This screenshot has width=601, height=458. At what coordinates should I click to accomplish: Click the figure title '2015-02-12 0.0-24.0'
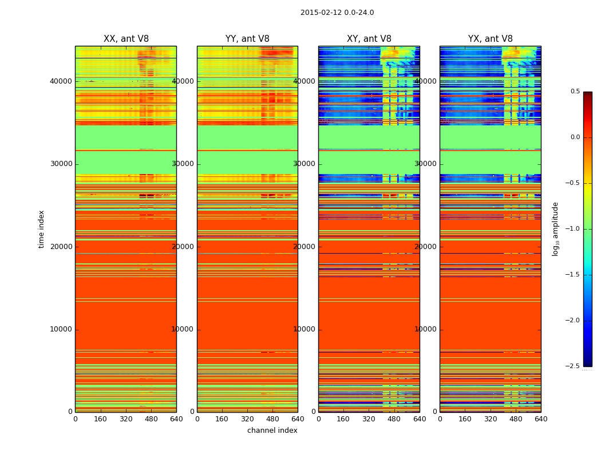(x=337, y=13)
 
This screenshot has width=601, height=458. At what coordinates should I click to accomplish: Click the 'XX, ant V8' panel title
(x=126, y=39)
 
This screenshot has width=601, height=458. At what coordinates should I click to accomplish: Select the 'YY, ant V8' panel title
(x=247, y=39)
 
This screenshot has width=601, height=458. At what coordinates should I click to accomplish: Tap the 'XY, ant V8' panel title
(x=369, y=39)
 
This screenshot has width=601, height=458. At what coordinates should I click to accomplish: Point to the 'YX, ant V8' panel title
(x=491, y=39)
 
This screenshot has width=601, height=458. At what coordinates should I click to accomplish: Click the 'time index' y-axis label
(x=41, y=229)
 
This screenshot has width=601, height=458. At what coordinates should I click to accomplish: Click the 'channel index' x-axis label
(x=272, y=431)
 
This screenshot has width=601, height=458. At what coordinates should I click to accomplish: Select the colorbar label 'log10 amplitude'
(x=555, y=229)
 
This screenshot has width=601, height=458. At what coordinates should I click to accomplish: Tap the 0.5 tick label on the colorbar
(x=575, y=92)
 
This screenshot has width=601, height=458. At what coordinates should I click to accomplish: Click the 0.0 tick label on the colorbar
(x=575, y=137)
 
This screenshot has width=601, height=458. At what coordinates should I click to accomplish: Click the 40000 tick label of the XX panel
(x=62, y=81)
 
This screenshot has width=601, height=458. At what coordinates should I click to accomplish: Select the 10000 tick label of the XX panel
(x=62, y=329)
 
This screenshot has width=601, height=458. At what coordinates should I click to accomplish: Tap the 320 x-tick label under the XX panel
(x=126, y=419)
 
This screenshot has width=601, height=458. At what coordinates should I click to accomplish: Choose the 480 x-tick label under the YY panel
(x=272, y=419)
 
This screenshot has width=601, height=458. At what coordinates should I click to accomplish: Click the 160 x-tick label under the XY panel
(x=343, y=419)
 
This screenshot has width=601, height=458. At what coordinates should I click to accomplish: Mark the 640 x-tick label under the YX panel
(x=541, y=419)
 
